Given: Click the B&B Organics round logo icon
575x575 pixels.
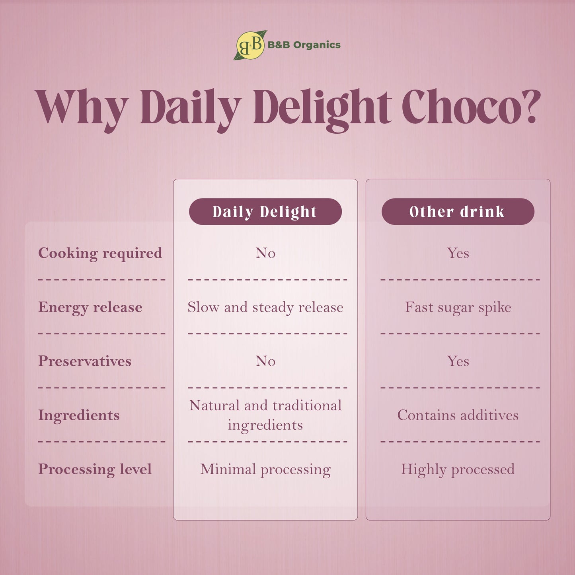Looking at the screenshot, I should (x=250, y=45).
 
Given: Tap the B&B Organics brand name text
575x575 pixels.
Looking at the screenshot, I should (x=304, y=45).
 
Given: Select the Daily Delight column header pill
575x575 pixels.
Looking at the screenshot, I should (x=265, y=212).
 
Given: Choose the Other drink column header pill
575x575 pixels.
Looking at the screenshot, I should (x=458, y=212).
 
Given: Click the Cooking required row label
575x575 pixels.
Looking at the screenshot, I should (x=100, y=253).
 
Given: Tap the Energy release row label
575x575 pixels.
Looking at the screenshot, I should (x=90, y=307).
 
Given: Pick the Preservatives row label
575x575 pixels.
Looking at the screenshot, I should (x=85, y=361).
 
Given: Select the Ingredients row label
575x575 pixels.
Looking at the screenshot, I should (x=79, y=415).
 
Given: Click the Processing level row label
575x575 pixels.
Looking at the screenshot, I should (x=95, y=469).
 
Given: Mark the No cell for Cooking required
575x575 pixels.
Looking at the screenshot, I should (x=265, y=253).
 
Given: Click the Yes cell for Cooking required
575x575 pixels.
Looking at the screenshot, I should (x=458, y=253).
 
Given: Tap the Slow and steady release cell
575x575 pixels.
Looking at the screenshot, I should (x=265, y=307).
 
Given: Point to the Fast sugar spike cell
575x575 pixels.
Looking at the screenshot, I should (x=458, y=307).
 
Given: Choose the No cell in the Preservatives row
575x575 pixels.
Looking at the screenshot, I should (x=265, y=361).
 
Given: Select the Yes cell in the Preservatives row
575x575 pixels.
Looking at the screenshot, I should (x=458, y=361).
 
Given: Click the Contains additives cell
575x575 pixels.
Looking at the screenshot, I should (x=458, y=415).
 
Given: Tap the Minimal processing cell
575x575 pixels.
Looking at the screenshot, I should (x=265, y=469).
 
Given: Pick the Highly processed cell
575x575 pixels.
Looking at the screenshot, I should (x=458, y=469).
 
